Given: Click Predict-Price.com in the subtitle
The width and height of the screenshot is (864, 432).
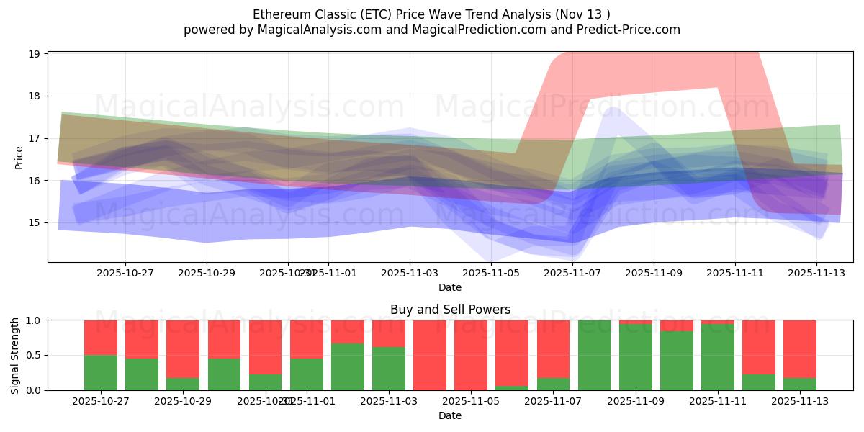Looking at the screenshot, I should pos(626,30).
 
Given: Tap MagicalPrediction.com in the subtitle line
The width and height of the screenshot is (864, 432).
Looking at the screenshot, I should pos(490,30).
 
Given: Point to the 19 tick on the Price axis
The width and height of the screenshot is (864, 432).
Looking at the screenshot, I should pos(34,54).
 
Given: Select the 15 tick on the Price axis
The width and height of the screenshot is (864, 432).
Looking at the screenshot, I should pos(34,222).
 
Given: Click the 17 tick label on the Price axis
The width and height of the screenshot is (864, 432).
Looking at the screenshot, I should pos(34,138).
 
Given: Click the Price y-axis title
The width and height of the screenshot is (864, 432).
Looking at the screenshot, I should pos(19,158).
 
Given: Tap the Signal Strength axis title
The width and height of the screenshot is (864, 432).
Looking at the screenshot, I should pos(15,354).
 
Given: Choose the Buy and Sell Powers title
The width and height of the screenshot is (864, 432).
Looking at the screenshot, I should pos(450,310).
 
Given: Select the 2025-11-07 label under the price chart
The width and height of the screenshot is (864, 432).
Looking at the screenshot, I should pos(572,274).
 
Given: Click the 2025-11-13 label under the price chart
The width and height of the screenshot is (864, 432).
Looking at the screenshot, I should pos(816,274).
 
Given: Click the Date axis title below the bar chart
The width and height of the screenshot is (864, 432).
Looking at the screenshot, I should pos(450,415).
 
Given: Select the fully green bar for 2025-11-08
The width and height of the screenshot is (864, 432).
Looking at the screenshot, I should pos(595,355).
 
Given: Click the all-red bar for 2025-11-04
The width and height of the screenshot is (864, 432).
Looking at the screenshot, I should pos(430,355).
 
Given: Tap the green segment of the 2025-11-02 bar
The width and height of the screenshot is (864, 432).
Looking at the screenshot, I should pos(348,367).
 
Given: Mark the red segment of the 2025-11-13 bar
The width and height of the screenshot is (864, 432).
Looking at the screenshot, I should pos(800,346).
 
